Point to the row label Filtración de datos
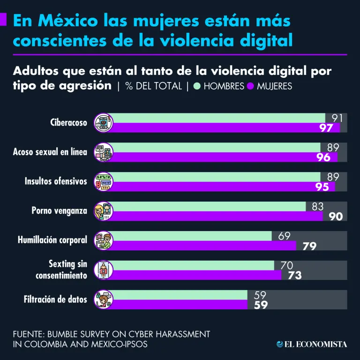[56, 299]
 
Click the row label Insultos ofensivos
[56, 181]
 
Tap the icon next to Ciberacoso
[104, 122]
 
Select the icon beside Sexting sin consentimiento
[104, 270]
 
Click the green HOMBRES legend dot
[197, 86]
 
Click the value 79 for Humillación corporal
[309, 246]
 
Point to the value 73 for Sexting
[294, 276]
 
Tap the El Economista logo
[312, 344]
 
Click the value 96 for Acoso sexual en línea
[323, 157]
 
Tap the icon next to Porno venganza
[104, 211]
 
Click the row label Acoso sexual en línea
[50, 152]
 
